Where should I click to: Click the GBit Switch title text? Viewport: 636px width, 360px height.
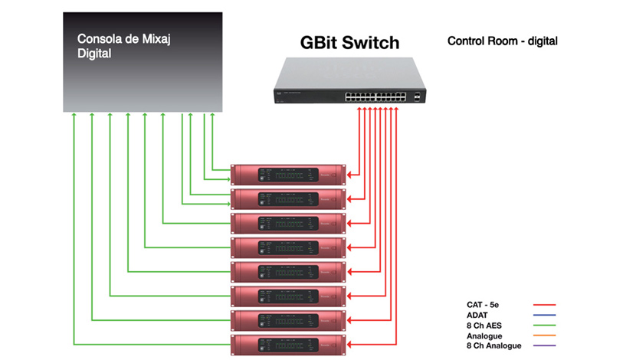[349, 43]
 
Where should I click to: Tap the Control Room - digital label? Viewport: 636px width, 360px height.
[502, 41]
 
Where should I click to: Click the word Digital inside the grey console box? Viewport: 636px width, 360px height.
[94, 54]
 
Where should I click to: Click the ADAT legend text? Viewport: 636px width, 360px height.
[479, 315]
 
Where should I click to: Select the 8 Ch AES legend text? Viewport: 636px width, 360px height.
[485, 326]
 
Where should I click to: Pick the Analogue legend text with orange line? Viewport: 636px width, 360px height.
[485, 335]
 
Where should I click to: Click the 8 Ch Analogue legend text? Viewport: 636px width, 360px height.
[494, 346]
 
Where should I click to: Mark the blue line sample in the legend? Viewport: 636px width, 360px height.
[543, 315]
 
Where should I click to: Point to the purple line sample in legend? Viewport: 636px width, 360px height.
[543, 346]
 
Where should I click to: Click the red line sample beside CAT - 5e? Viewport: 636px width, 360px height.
[543, 305]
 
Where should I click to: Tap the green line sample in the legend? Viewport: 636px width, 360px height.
[543, 326]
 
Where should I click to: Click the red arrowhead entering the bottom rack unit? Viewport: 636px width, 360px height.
[350, 343]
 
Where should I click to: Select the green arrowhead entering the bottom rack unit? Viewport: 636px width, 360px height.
[229, 343]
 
